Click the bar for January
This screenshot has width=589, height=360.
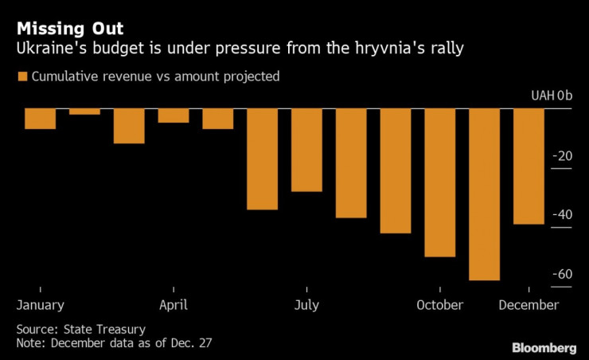40,119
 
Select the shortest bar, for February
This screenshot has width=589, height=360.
84,112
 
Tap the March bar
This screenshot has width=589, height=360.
129,126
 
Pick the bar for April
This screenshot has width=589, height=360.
174,115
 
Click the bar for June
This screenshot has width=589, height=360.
262,158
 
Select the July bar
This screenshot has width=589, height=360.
306,150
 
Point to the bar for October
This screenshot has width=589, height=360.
439,182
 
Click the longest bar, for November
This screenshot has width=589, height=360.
484,194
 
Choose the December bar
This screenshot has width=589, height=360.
529,166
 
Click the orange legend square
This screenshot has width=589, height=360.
21,77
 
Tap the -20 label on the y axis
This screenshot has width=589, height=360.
564,156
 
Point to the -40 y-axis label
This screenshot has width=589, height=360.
564,215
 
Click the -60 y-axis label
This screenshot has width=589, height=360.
564,274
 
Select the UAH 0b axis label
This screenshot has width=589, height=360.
552,96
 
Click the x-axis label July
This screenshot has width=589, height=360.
306,305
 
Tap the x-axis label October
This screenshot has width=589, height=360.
439,305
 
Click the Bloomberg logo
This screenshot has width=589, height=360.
544,348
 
